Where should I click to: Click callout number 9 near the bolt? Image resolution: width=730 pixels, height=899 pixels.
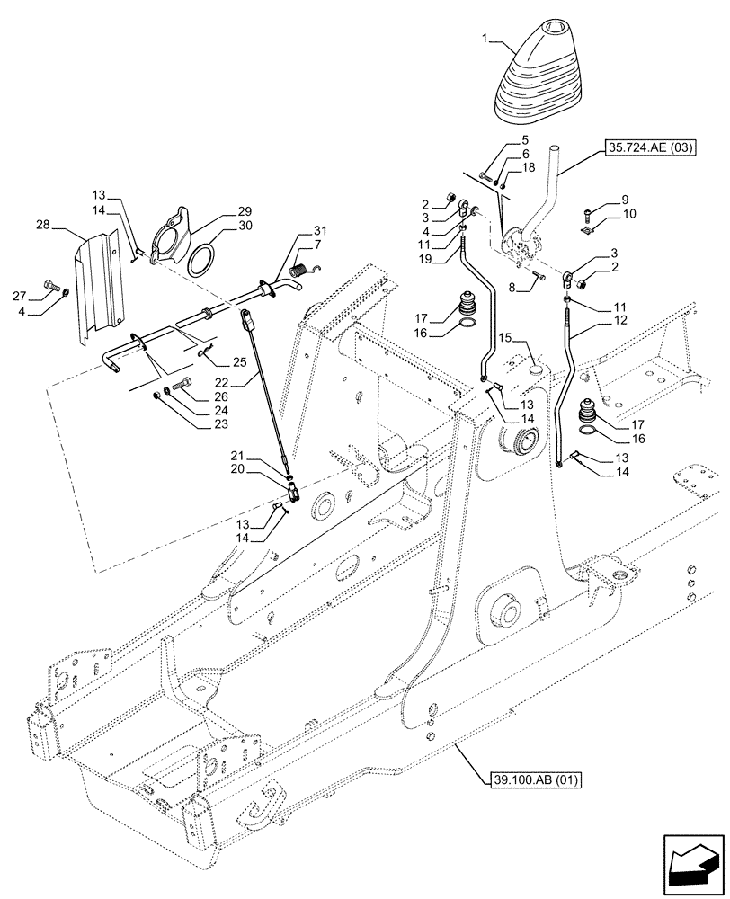[624, 200]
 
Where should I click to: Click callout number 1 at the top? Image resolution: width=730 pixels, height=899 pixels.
[484, 41]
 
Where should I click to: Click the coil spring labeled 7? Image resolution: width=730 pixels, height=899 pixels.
[303, 267]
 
